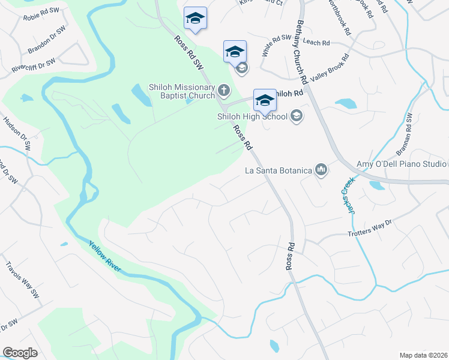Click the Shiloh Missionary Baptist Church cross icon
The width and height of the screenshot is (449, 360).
(223, 91)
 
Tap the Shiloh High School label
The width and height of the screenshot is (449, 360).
(252, 116)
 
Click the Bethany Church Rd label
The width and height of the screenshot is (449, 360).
(302, 51)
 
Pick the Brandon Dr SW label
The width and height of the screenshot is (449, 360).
(46, 40)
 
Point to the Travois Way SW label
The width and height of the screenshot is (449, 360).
(22, 280)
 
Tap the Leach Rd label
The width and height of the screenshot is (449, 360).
(317, 43)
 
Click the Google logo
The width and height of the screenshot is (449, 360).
(20, 353)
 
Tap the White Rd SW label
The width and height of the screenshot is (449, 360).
(276, 46)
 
